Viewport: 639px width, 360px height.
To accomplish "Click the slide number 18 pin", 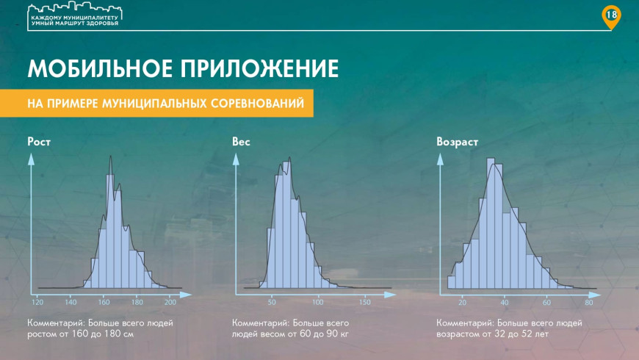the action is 611,17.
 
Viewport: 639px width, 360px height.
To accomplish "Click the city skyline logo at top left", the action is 75,15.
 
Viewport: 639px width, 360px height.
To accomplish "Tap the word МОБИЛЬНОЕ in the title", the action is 100,68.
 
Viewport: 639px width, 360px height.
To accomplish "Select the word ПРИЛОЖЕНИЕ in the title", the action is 260,68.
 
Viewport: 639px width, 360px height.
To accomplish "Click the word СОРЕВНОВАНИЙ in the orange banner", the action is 257,103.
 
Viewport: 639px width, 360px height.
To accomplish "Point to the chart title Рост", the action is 39,142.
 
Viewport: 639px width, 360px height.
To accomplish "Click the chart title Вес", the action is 241,142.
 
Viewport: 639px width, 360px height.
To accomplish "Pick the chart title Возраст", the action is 457,142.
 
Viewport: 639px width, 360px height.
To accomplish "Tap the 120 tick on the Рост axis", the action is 37,302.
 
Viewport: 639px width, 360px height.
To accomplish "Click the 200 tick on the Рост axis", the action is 170,302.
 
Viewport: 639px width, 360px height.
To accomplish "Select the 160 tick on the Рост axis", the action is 104,302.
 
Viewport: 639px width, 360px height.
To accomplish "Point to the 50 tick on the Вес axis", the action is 272,302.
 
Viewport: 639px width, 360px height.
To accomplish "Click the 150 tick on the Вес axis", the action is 365,302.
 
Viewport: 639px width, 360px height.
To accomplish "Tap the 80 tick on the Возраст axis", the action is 588,302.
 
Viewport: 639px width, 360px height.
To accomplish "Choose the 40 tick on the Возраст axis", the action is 505,302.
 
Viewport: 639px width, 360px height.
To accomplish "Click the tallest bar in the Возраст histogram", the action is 491,223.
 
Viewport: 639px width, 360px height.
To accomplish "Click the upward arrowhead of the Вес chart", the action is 236,159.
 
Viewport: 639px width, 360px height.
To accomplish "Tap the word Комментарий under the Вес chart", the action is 261,323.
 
